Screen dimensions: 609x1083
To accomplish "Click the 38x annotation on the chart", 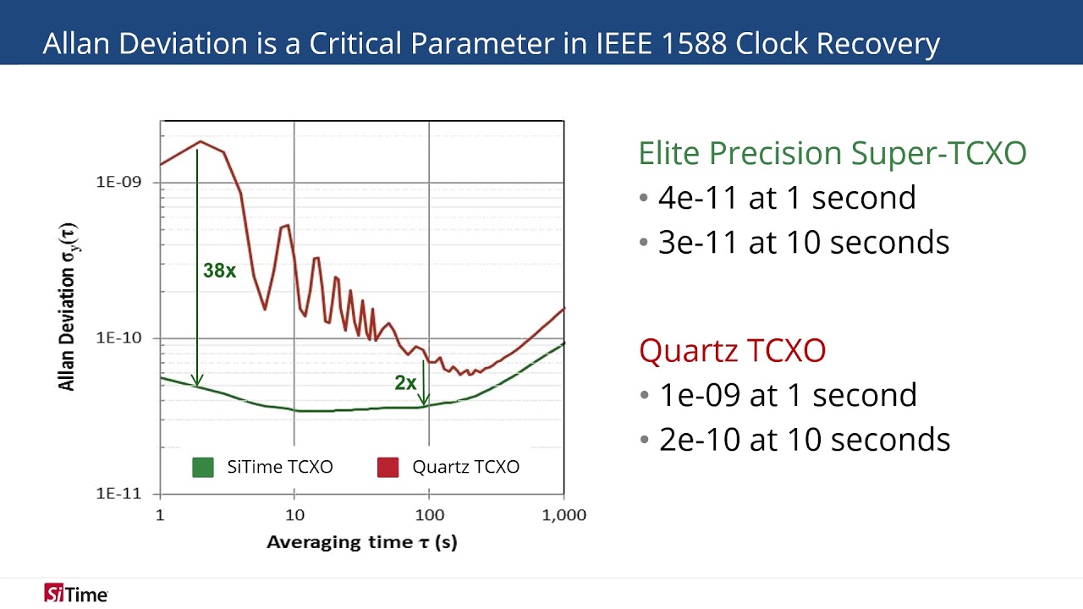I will (x=219, y=272).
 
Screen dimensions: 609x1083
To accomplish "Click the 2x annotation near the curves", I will (x=405, y=383).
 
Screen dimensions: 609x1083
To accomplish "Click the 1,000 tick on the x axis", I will (x=563, y=515).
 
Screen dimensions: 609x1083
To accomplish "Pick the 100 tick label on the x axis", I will (x=429, y=515).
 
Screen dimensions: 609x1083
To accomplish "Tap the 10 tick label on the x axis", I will (x=294, y=515).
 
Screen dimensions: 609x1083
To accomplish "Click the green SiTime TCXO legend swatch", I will (x=203, y=467).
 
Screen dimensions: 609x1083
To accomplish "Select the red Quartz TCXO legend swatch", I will (x=388, y=467).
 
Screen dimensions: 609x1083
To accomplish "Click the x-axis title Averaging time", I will (x=361, y=542).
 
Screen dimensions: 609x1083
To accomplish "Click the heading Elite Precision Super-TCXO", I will (x=833, y=153).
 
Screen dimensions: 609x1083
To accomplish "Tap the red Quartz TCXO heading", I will (x=733, y=350).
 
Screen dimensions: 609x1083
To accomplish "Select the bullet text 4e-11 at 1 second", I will (x=787, y=198).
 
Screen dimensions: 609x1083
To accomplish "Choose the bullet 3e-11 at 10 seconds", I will (x=804, y=243).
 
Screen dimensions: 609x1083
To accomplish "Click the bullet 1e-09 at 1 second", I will (x=788, y=395).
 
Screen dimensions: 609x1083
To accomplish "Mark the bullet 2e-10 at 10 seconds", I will (x=805, y=440).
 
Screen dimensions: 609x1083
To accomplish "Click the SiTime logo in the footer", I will (x=76, y=594).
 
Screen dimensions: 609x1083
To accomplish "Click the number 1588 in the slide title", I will (x=689, y=44).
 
